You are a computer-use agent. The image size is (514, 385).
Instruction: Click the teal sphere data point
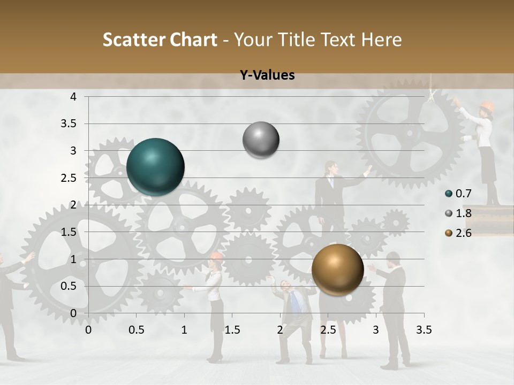(x=155, y=167)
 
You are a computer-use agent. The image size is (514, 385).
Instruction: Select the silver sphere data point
(x=261, y=140)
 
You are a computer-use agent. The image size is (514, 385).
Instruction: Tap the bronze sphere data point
(x=337, y=269)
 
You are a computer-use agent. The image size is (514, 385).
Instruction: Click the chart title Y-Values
(x=267, y=75)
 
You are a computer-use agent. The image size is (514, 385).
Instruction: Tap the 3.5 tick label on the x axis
(x=424, y=330)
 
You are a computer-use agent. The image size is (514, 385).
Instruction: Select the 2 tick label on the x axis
(x=280, y=330)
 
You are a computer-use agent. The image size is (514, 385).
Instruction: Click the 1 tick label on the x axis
(x=184, y=330)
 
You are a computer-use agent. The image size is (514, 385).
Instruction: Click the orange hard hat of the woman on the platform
(x=486, y=105)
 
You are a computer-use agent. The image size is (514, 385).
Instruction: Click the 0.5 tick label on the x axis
(x=137, y=330)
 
